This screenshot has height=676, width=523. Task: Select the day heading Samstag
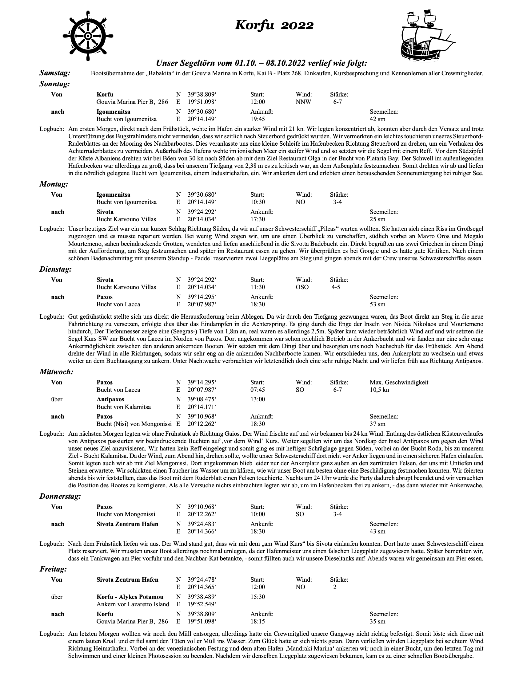tap(55, 73)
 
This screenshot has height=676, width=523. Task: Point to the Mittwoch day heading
tap(56, 372)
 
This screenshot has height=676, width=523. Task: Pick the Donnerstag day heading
tap(60, 496)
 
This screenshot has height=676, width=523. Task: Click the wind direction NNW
tap(303, 102)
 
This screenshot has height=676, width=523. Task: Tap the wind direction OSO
tap(302, 287)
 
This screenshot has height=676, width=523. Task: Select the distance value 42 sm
tap(377, 119)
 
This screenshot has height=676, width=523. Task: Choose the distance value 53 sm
tap(377, 304)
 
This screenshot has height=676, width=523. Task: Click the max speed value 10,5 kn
tap(379, 390)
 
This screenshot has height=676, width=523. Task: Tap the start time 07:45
tap(258, 390)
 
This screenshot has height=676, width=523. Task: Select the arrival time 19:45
tap(258, 119)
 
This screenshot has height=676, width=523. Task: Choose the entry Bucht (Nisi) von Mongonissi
tap(134, 424)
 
